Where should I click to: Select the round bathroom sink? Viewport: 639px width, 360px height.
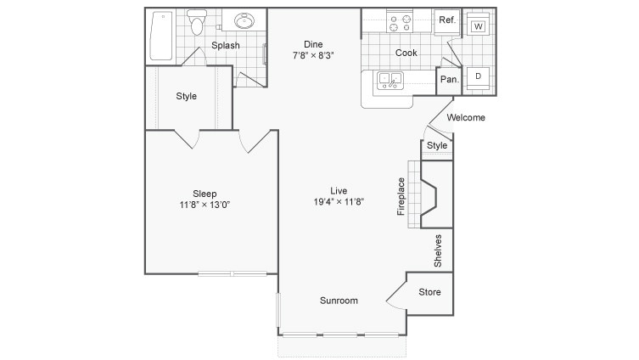pos(245,23)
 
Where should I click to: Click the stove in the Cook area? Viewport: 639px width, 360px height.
pos(399,22)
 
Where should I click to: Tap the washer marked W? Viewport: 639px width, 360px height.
pos(479,26)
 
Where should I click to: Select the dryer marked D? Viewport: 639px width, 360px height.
pos(479,77)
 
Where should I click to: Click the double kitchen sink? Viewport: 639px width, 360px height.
pos(391,81)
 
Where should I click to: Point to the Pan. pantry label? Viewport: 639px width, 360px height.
pos(449,80)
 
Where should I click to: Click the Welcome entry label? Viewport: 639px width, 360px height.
pos(465,118)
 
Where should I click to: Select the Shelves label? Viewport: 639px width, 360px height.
pos(438,250)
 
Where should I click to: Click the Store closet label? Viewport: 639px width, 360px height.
pos(429,293)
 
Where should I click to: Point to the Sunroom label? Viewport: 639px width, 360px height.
pos(339,301)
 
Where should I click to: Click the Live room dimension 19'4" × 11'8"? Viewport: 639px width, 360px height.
pos(339,202)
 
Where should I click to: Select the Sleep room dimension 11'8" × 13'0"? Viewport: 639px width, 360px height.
pos(205,205)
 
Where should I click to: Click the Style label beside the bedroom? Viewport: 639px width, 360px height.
pos(186,96)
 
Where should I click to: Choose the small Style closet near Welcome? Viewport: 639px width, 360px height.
pos(437,146)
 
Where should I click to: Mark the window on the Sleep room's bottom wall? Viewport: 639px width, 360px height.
pos(233,273)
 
